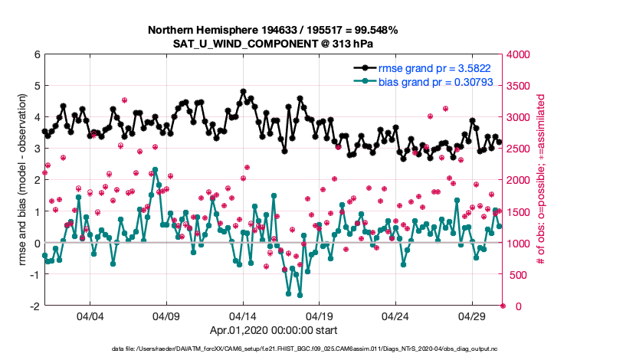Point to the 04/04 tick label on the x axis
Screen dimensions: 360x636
coord(90,316)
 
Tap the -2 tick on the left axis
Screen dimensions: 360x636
coord(34,306)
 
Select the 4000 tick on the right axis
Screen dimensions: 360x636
coord(519,55)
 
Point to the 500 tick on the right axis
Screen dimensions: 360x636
coord(516,275)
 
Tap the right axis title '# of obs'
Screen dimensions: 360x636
coord(541,181)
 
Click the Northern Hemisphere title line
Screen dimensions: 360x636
coord(273,30)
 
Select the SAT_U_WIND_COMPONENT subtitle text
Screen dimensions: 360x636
coord(273,43)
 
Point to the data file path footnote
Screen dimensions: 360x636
coord(317,349)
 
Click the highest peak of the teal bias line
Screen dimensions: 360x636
coord(155,170)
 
